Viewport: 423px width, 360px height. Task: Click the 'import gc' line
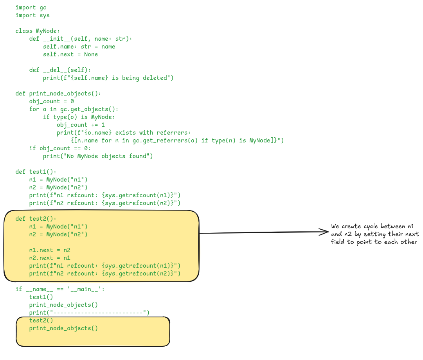click(x=31, y=7)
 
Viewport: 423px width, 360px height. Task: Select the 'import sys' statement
click(x=32, y=15)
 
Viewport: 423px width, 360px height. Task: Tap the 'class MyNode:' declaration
click(x=38, y=31)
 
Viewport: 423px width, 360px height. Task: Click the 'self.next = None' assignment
click(x=70, y=54)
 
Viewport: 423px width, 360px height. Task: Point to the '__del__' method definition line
click(x=60, y=70)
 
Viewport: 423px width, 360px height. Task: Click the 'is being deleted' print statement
click(x=108, y=78)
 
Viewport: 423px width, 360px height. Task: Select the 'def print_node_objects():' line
click(x=58, y=94)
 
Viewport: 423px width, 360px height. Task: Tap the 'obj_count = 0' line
click(x=51, y=101)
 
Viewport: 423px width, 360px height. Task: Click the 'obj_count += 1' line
click(x=81, y=125)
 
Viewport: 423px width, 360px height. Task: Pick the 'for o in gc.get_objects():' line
click(x=74, y=109)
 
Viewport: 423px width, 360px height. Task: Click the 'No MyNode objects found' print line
click(x=98, y=156)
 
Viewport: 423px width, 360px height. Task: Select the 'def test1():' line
click(x=36, y=172)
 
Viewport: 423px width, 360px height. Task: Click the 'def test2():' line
click(x=36, y=219)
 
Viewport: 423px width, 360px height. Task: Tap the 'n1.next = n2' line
click(x=50, y=250)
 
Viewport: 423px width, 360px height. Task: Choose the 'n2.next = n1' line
click(x=50, y=258)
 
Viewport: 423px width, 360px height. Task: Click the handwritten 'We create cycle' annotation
click(x=374, y=234)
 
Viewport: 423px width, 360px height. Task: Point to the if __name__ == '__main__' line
click(x=60, y=289)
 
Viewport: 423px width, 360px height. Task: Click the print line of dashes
click(x=89, y=313)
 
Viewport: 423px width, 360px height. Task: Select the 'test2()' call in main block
click(x=41, y=320)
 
